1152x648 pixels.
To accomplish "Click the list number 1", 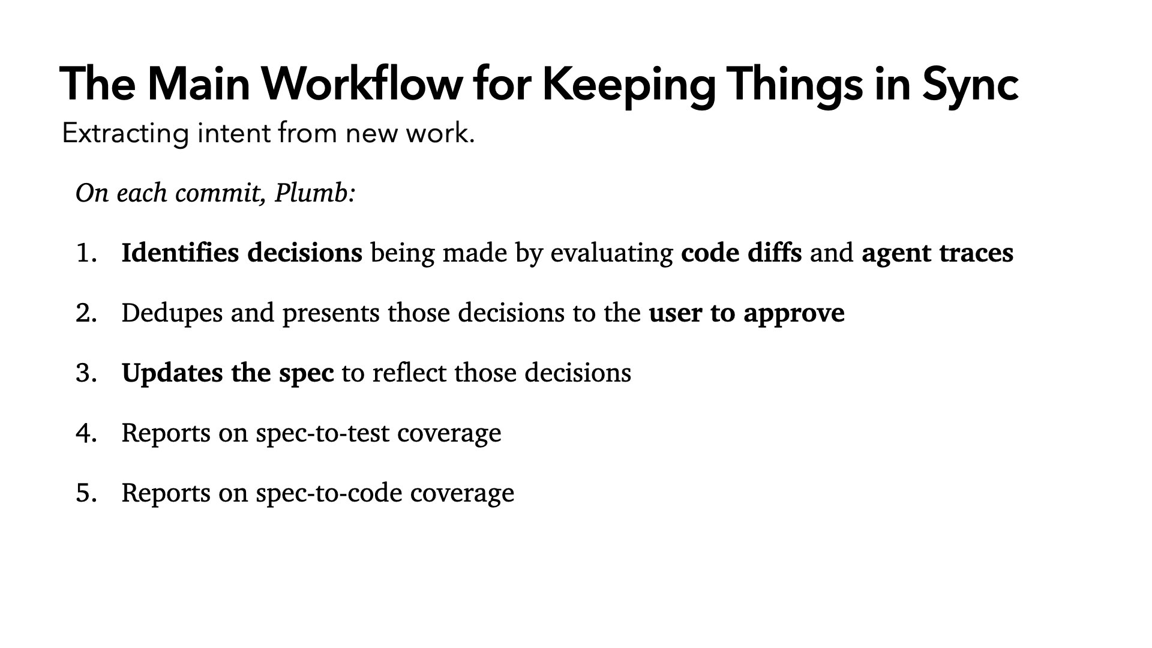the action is click(x=86, y=253).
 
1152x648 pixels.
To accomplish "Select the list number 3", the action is click(x=86, y=373).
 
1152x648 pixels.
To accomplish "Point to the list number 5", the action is click(x=86, y=493).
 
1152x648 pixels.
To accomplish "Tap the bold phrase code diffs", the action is click(x=742, y=253).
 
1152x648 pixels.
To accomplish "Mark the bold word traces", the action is click(x=976, y=254).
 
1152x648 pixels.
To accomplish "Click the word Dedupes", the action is click(x=172, y=314).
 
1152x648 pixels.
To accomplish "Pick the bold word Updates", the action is click(x=173, y=374).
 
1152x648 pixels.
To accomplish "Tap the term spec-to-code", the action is click(x=329, y=494).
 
